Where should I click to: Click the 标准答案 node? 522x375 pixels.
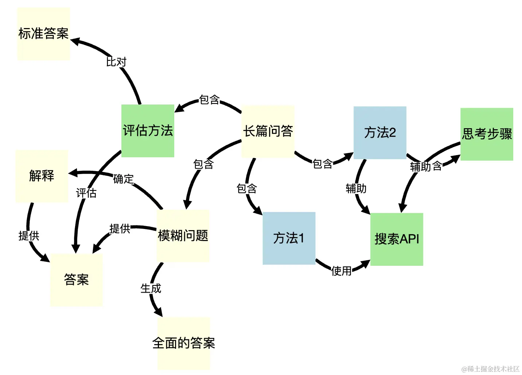(43, 33)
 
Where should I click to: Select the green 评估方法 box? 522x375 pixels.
(148, 131)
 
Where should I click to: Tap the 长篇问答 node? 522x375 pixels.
(268, 131)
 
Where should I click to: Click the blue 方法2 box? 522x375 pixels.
(380, 133)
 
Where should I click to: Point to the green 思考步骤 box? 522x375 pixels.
(487, 134)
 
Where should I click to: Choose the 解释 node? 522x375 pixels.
(42, 176)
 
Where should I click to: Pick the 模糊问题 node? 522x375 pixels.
(183, 236)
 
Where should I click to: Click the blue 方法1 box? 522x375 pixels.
(289, 238)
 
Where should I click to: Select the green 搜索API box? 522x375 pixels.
(397, 239)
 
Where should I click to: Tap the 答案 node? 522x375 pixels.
(77, 280)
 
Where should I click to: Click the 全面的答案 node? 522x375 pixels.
(184, 343)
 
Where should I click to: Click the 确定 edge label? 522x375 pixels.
(124, 179)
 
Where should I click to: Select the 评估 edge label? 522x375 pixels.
(86, 193)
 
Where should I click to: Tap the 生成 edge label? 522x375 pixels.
(151, 289)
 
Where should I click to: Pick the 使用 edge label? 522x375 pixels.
(342, 271)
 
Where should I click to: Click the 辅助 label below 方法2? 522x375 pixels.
(356, 189)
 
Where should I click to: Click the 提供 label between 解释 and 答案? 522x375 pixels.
(29, 236)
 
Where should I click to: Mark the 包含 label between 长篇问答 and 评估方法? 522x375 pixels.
(209, 100)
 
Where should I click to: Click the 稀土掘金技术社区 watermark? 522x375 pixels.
(490, 369)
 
